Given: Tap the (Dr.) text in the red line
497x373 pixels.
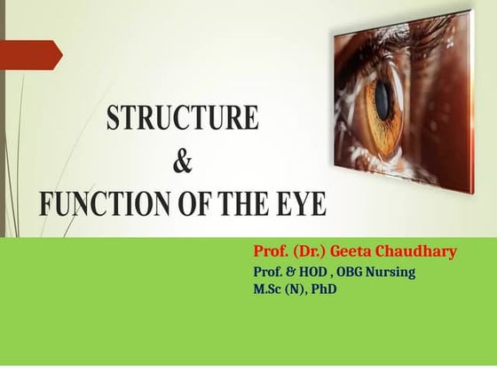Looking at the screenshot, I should point(302,252).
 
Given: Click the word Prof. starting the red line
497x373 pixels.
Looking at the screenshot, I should point(269,252).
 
